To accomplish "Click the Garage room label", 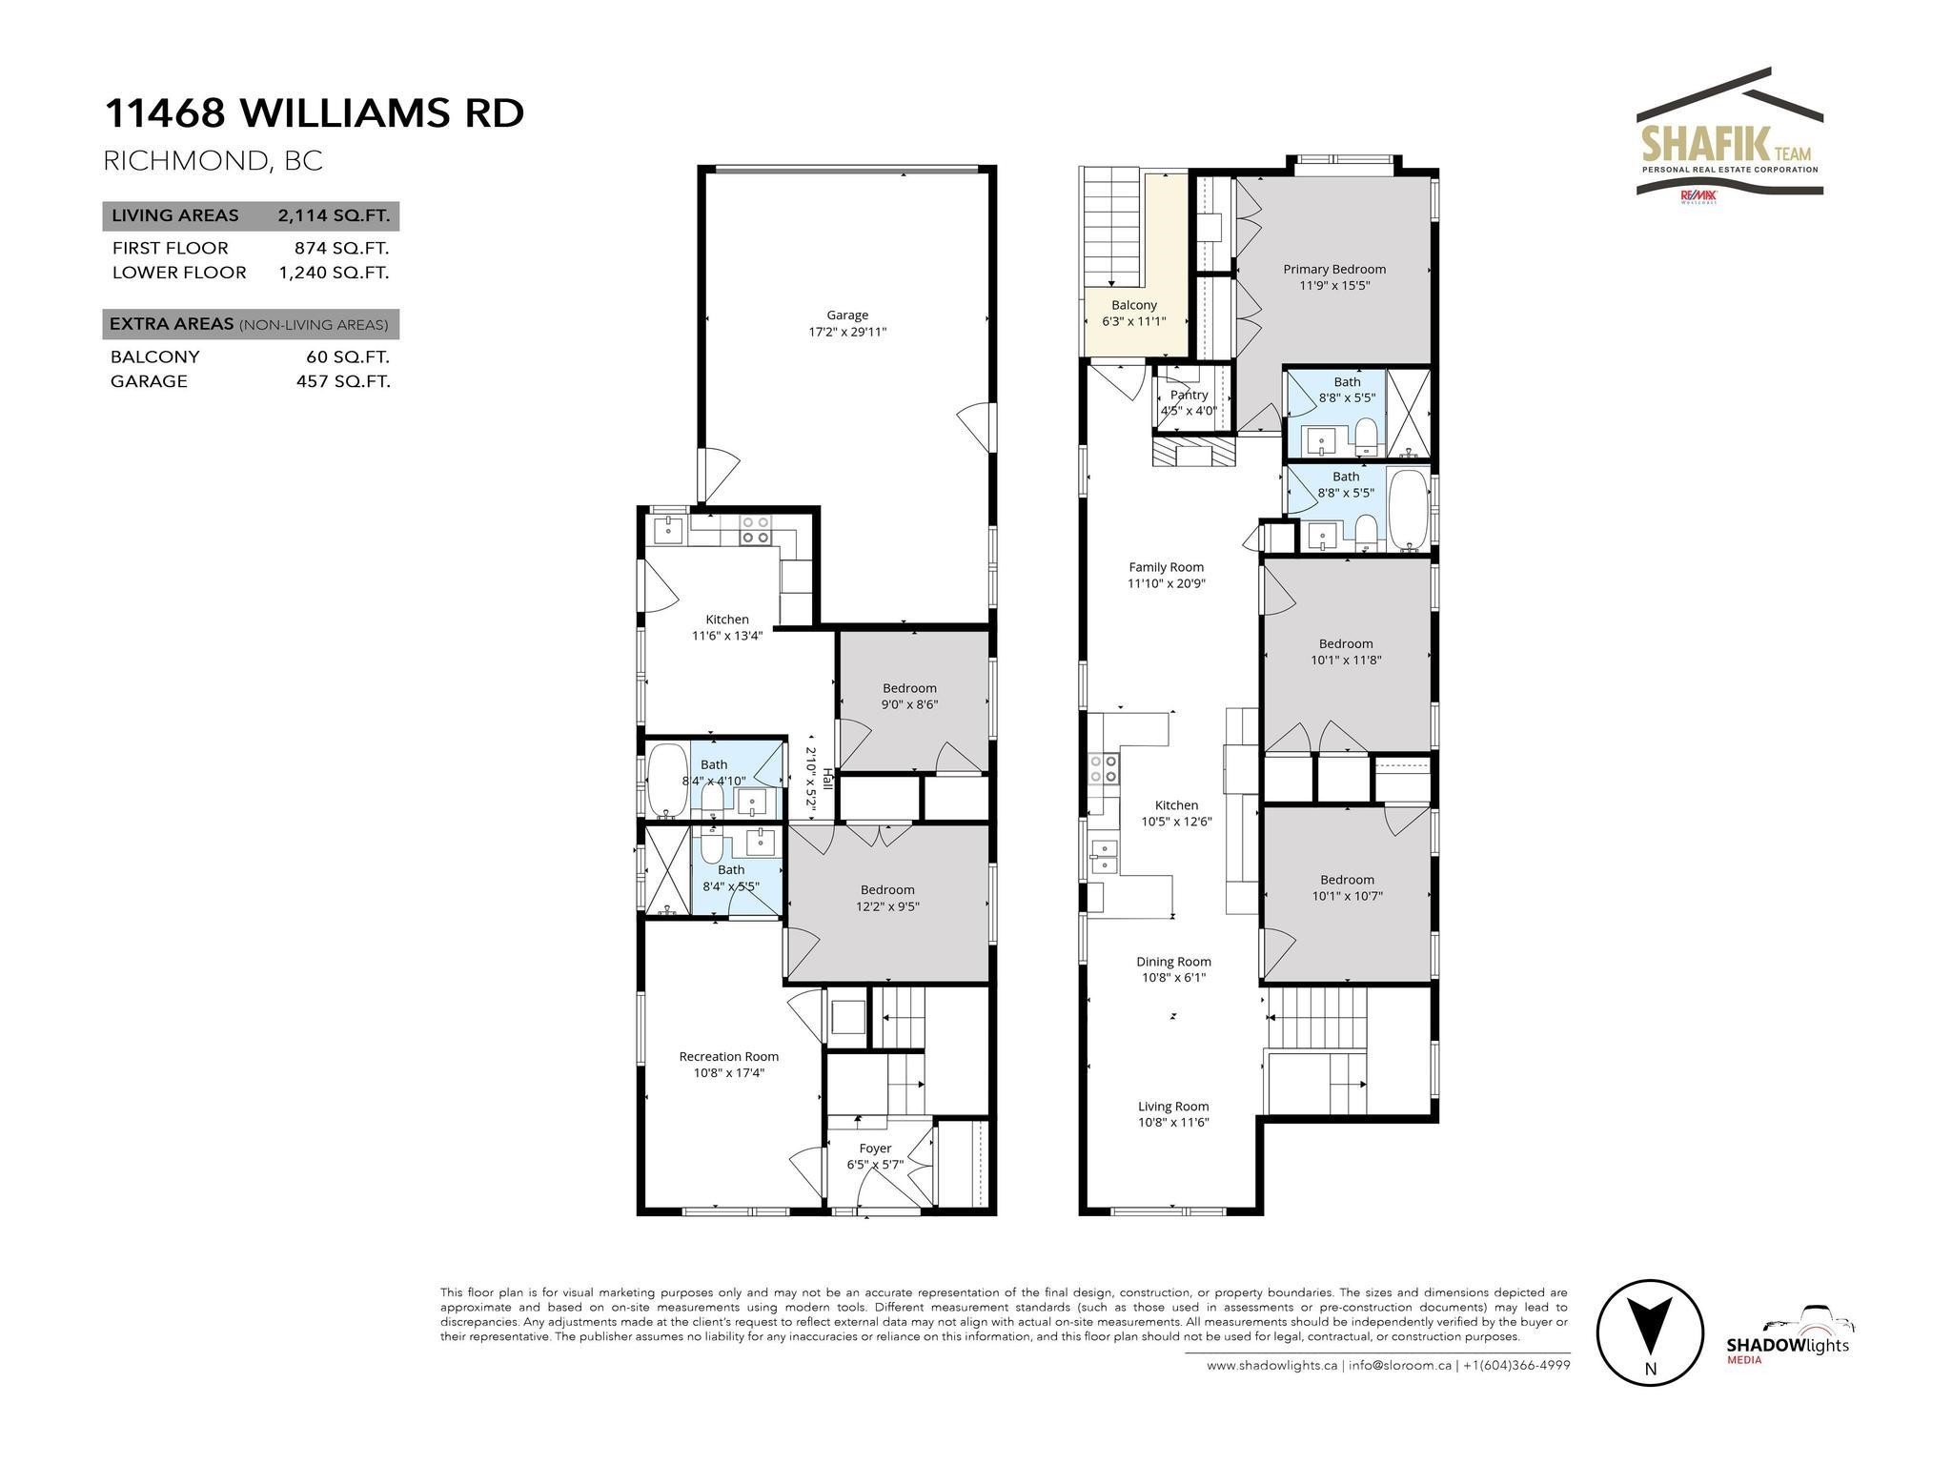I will pos(846,315).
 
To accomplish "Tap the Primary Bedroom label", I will pos(1333,270).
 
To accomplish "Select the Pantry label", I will pos(1189,395).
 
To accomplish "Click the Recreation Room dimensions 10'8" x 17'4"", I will pos(729,1072).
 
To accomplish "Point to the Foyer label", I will pos(875,1149).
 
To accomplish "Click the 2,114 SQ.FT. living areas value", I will pos(334,215).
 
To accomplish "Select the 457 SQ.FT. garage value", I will pos(343,381).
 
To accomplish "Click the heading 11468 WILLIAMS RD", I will pos(314,113).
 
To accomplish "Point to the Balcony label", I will pos(1133,305).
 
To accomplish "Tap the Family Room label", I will pos(1166,567).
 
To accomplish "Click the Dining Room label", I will pos(1173,962).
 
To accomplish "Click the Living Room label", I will pos(1172,1107).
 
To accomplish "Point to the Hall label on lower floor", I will pos(827,779).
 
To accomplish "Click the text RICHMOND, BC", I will pos(213,161).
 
